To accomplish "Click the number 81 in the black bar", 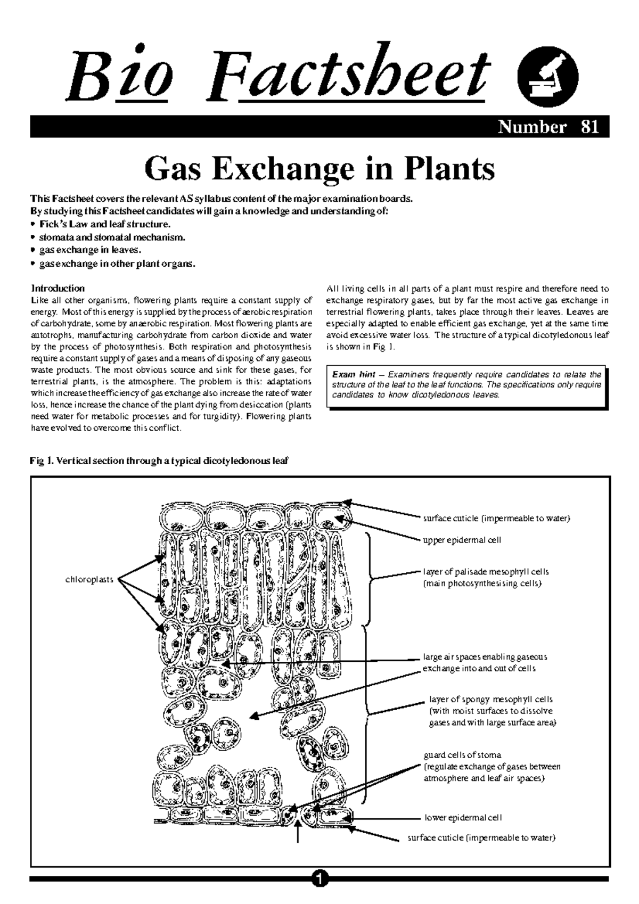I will (x=590, y=127).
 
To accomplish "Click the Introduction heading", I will (x=58, y=288).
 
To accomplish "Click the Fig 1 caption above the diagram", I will (x=160, y=461).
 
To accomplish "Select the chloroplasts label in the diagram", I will (x=89, y=579).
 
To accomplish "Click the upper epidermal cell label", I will (x=462, y=540).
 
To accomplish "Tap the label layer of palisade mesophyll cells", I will (x=485, y=572).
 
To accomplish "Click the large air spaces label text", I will (x=484, y=657).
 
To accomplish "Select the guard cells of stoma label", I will (x=462, y=755).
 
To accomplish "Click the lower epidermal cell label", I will (x=463, y=818).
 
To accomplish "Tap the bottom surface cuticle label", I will (x=481, y=838).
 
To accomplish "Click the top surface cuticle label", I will (x=496, y=518).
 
